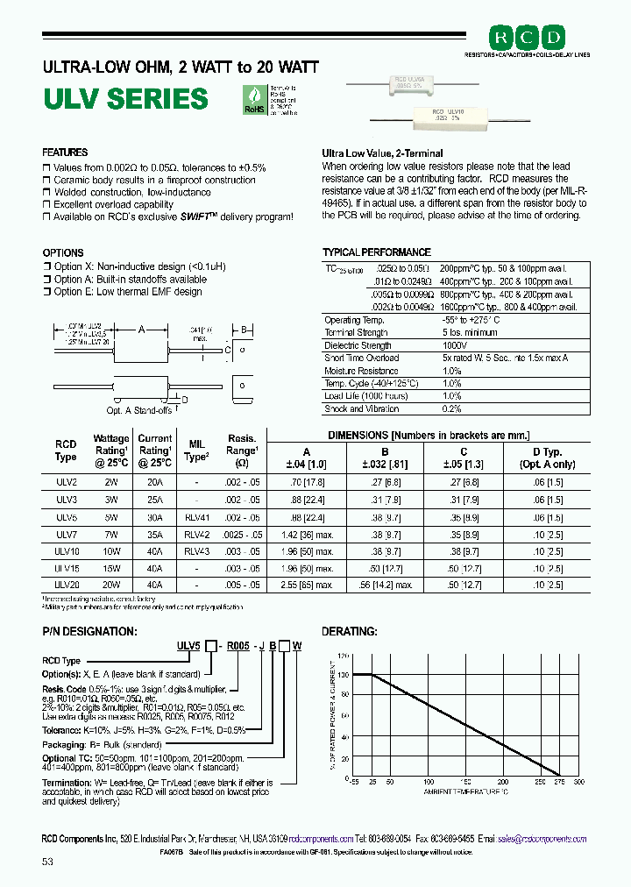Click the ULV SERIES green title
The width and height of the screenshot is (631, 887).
tap(125, 99)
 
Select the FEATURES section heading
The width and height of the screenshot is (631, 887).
tap(65, 153)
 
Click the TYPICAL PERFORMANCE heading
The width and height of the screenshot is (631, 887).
tap(376, 252)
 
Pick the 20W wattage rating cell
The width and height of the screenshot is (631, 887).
tap(111, 583)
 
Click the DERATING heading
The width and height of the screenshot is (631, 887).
tap(350, 631)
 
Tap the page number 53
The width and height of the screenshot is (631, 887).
tap(47, 862)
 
